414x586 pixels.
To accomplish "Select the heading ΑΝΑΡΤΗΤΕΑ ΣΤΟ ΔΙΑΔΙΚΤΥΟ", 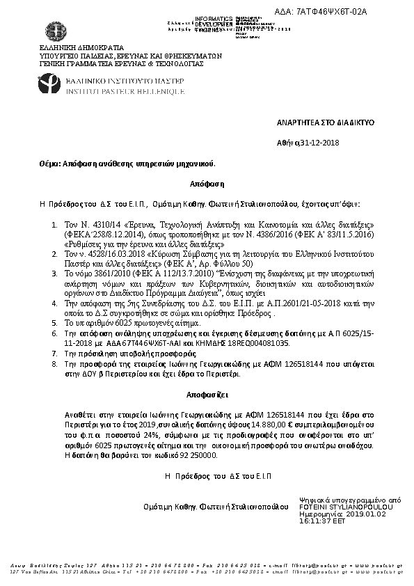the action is coord(336,122).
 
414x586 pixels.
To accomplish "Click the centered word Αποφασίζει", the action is coord(206,393).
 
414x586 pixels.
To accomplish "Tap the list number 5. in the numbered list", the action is coord(56,324).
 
